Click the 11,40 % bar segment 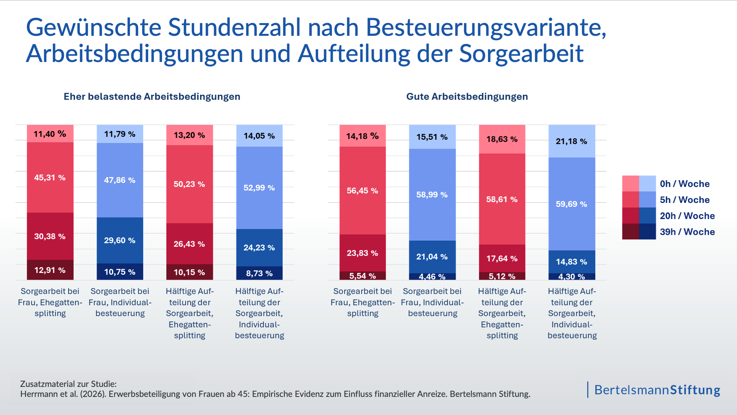coord(50,134)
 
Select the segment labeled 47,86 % coord(120,180)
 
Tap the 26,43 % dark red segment coord(189,244)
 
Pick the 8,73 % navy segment coord(259,273)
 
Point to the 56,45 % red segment coord(362,191)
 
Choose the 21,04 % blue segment coord(432,257)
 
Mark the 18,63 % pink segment coord(502,139)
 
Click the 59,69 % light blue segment coord(571,204)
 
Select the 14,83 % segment coord(571,262)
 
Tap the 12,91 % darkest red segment coord(50,270)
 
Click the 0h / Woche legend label coord(685,184)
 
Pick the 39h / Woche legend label coord(687,232)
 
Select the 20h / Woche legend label coord(687,216)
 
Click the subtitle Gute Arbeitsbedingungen coord(467,97)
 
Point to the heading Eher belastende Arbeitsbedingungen coord(152,97)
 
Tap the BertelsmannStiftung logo coord(657,390)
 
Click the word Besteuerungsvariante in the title coord(486,28)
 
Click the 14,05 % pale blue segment coord(259,136)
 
